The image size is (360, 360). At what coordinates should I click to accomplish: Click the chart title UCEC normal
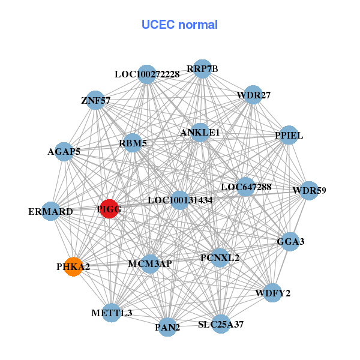[179, 25]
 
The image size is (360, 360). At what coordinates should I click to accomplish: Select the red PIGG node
[109, 209]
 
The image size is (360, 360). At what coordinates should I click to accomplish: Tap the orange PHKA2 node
[73, 266]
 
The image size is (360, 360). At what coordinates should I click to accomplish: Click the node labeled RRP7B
[202, 69]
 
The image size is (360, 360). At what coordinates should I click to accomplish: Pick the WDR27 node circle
[253, 95]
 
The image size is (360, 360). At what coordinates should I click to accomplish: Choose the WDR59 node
[309, 191]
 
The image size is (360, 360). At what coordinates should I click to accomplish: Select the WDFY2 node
[272, 293]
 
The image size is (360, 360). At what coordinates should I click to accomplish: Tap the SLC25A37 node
[221, 324]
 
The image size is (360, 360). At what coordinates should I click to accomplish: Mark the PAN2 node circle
[167, 328]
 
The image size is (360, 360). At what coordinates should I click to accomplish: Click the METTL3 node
[112, 313]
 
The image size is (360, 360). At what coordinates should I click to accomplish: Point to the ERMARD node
[51, 211]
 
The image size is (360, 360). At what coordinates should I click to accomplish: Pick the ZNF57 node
[96, 101]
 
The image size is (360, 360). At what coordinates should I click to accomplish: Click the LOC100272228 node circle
[147, 74]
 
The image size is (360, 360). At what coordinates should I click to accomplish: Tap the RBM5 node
[133, 143]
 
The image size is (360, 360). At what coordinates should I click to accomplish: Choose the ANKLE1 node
[200, 132]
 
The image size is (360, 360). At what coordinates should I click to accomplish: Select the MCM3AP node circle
[150, 263]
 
